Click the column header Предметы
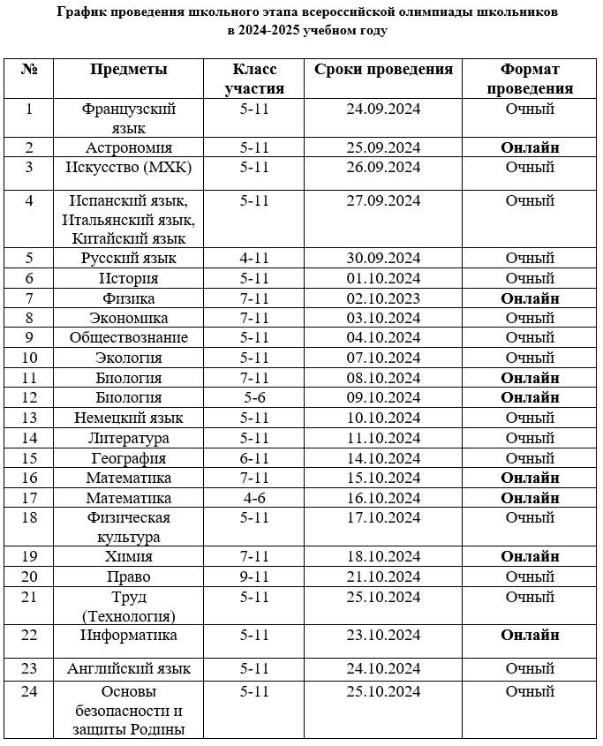[128, 70]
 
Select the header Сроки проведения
[383, 70]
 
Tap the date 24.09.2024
[383, 109]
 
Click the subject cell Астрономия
[129, 147]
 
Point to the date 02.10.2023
[383, 298]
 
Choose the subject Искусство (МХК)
[129, 168]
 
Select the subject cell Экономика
[129, 318]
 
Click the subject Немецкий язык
[129, 418]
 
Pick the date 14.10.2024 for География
[383, 458]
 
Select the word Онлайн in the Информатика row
[530, 636]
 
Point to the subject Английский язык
[129, 668]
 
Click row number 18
[29, 517]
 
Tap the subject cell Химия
[129, 557]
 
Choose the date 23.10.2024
[383, 636]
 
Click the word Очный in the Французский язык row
[530, 109]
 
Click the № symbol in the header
[29, 70]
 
